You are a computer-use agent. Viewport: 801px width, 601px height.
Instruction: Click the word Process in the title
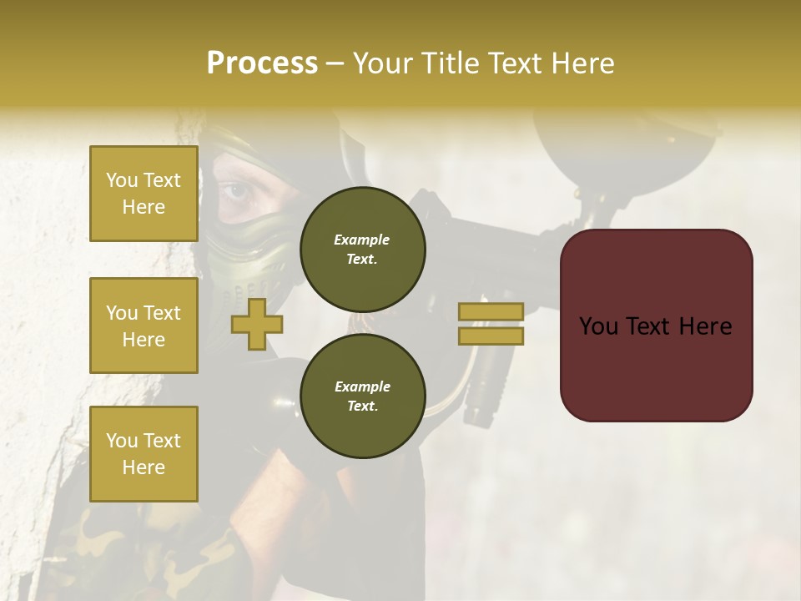tap(262, 63)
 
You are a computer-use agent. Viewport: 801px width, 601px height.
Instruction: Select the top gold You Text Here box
tap(144, 194)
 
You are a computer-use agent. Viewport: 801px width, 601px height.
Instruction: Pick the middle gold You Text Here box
tap(144, 326)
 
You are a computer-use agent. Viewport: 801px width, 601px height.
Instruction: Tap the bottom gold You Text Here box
tap(144, 454)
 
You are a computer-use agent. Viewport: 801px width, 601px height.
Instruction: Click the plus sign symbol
tap(256, 325)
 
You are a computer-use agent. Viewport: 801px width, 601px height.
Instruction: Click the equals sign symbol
tap(491, 324)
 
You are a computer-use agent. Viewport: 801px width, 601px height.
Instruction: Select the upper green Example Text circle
tap(362, 249)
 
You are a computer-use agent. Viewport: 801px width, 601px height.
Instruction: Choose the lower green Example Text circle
tap(362, 396)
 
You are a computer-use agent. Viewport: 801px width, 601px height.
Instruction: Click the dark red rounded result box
tap(656, 326)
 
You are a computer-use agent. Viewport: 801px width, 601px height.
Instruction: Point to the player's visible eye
tap(237, 193)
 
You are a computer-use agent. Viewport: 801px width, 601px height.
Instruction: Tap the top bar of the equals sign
tap(491, 311)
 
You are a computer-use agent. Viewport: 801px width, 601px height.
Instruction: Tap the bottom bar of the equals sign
tap(491, 336)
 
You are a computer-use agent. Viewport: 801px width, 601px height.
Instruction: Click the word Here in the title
tap(584, 63)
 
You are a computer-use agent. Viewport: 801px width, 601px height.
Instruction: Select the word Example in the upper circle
tap(362, 240)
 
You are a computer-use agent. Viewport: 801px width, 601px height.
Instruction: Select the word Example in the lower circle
tap(362, 386)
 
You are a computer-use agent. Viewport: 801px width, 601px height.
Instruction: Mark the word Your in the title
tap(383, 63)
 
